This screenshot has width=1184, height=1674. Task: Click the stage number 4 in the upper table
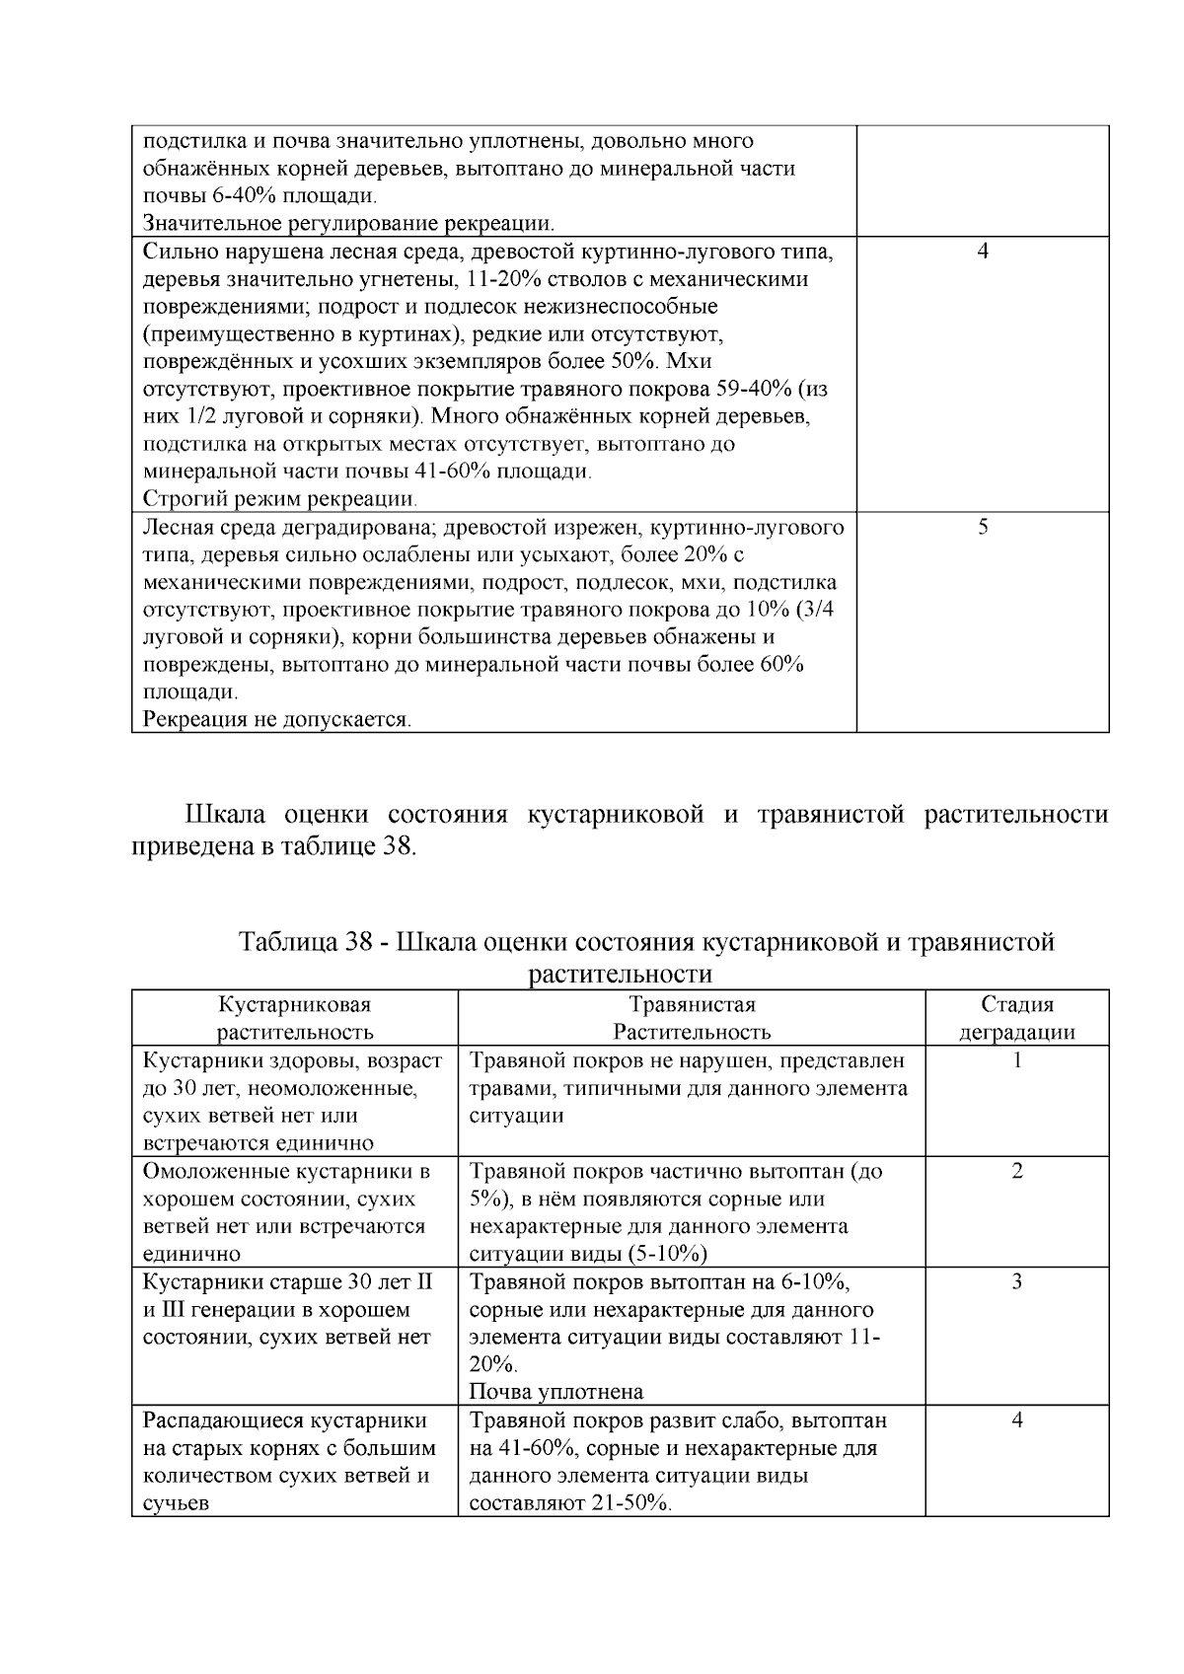(x=982, y=252)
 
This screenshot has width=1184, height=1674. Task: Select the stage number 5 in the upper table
(x=983, y=527)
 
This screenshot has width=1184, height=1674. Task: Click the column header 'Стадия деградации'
(x=1016, y=1018)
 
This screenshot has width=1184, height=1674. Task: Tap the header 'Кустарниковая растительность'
(x=295, y=1018)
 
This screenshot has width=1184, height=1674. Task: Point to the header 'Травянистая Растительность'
(x=691, y=1018)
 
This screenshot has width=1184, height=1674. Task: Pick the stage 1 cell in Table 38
(x=1017, y=1061)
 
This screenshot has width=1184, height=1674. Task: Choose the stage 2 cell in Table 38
(x=1017, y=1172)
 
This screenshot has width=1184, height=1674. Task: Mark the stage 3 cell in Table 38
(x=1017, y=1282)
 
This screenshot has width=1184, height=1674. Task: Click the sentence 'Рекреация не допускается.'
(x=277, y=719)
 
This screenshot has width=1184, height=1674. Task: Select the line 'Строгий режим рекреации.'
(x=279, y=498)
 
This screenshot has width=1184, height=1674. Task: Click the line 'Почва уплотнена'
(x=555, y=1392)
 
